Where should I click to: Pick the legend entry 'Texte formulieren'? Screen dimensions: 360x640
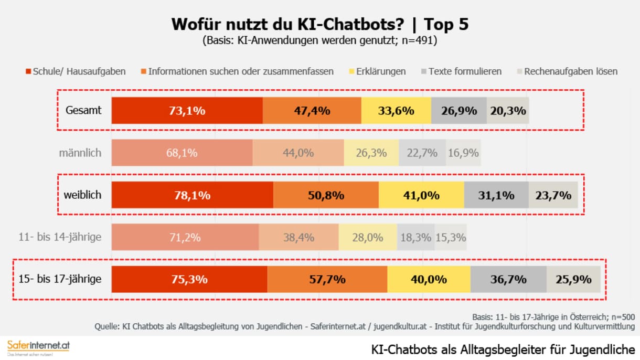click(x=461, y=71)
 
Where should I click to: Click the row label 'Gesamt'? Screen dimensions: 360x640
click(x=83, y=111)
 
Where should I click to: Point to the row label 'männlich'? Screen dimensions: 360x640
click(x=80, y=153)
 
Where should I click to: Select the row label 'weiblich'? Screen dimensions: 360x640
click(x=83, y=195)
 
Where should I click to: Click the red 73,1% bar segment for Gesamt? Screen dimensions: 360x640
click(x=187, y=111)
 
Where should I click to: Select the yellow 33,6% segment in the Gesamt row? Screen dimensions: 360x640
click(x=396, y=111)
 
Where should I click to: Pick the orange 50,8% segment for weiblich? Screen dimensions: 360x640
click(x=326, y=195)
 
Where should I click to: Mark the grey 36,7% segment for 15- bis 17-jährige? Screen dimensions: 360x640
click(x=508, y=279)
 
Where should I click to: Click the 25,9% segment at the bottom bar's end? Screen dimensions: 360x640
click(x=573, y=279)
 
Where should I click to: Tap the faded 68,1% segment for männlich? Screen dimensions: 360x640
click(x=182, y=153)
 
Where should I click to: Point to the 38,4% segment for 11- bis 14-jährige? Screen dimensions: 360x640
click(x=298, y=237)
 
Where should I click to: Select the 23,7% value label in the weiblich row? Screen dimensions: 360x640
click(x=553, y=195)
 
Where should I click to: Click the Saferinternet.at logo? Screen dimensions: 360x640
click(x=38, y=347)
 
